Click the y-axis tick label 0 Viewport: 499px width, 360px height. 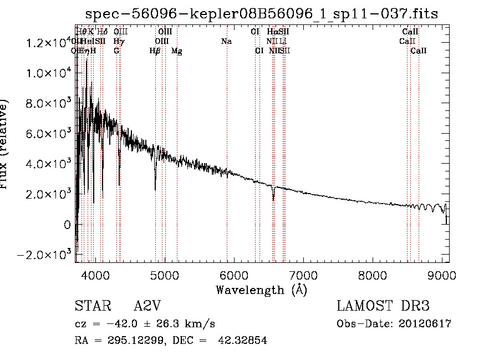pos(67,225)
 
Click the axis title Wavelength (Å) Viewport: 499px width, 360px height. pos(261,290)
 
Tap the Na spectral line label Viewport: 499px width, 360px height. pos(226,42)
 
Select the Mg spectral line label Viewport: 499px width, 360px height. pos(177,51)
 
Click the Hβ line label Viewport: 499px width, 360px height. pos(155,51)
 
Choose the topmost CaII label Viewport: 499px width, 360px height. pos(410,32)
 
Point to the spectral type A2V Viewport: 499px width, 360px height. pos(147,306)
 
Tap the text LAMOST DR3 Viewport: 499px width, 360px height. pos(383,306)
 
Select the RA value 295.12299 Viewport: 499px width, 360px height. pos(128,341)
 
